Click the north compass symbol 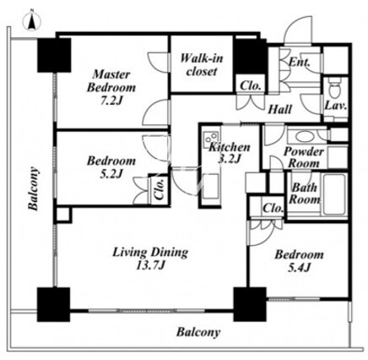[32, 21]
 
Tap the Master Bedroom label [111, 81]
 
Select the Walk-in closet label [202, 65]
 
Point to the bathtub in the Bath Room [334, 194]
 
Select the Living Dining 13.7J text [150, 259]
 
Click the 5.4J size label [299, 267]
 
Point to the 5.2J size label [111, 173]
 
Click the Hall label [279, 109]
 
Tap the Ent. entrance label [300, 62]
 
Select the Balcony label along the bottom [198, 332]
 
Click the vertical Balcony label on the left [33, 188]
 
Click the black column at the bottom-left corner [53, 304]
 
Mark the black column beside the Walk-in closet [250, 57]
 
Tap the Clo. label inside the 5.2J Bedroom [160, 188]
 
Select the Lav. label [335, 106]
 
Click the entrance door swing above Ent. [298, 30]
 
